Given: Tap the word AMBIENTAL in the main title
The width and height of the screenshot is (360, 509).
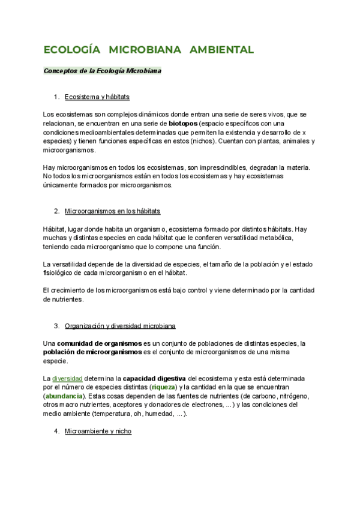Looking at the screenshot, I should (x=221, y=49).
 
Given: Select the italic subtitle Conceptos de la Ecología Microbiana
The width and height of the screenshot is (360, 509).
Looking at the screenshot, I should (x=103, y=71).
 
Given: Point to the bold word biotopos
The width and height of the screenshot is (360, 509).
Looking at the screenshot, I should (x=183, y=123).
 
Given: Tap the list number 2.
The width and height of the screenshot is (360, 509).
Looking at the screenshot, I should (x=56, y=212).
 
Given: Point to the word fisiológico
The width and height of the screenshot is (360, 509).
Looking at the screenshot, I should (x=62, y=273).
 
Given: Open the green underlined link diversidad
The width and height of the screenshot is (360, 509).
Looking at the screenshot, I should (x=67, y=379).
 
